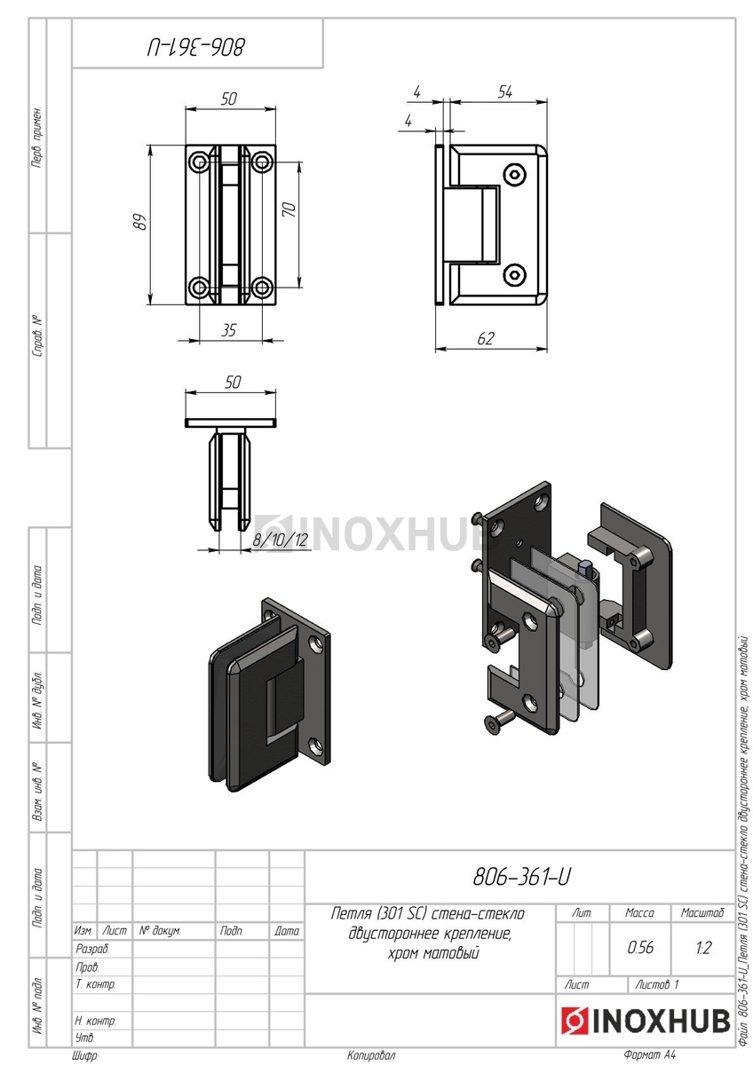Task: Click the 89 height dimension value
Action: click(139, 222)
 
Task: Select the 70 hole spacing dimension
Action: click(289, 209)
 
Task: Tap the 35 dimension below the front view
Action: click(229, 330)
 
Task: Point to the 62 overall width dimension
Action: click(486, 338)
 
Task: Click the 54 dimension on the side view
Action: click(505, 91)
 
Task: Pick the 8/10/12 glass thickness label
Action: click(281, 540)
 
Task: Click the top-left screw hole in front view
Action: click(199, 162)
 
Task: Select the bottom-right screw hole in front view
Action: click(261, 288)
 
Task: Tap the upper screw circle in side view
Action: click(515, 175)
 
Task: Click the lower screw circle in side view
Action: click(515, 274)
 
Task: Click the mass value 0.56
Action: click(640, 947)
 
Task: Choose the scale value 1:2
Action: click(703, 947)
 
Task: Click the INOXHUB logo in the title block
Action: click(646, 1021)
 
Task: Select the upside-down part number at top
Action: click(197, 48)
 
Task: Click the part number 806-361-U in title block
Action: click(522, 877)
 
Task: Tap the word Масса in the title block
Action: click(640, 913)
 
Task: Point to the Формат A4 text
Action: click(649, 1054)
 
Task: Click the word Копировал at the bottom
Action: click(371, 1055)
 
